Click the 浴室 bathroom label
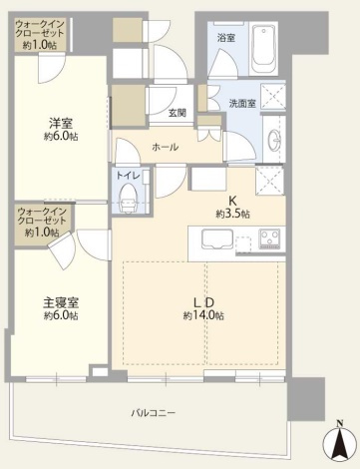pyautogui.click(x=226, y=38)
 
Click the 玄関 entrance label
pyautogui.click(x=179, y=113)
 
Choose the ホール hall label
pyautogui.click(x=166, y=147)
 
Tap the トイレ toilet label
pyautogui.click(x=128, y=176)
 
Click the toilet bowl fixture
pyautogui.click(x=128, y=199)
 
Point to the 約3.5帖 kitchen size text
pyautogui.click(x=232, y=214)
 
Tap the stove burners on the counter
pyautogui.click(x=270, y=239)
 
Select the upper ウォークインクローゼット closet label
pyautogui.click(x=40, y=30)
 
